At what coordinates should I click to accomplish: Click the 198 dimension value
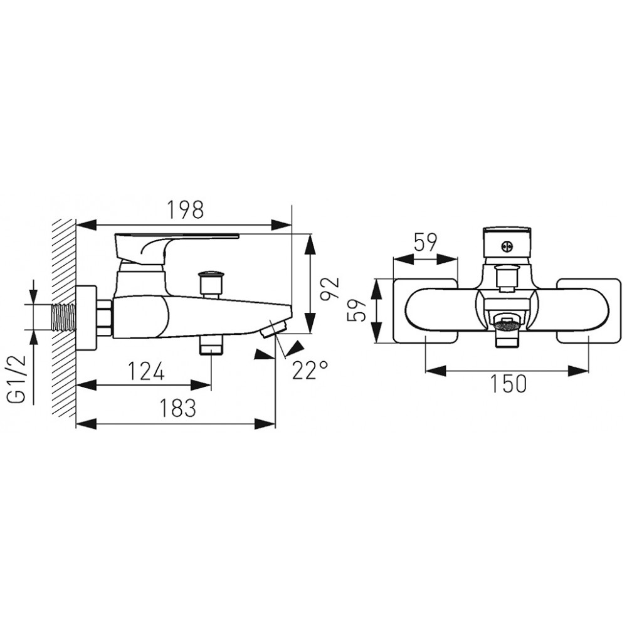coord(185,209)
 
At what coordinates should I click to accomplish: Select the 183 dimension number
coord(178,408)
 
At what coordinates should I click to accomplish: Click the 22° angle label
coord(310,370)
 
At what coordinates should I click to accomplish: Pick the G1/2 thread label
coord(16,378)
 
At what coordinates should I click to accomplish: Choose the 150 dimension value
coord(508,384)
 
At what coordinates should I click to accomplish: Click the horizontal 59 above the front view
coord(426,242)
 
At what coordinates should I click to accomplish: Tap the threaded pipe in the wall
coord(63,317)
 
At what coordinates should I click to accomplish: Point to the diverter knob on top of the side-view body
coord(211,284)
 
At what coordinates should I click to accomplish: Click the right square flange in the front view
coord(589,311)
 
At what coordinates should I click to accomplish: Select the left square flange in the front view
coord(425,311)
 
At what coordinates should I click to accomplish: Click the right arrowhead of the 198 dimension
coord(282,224)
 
